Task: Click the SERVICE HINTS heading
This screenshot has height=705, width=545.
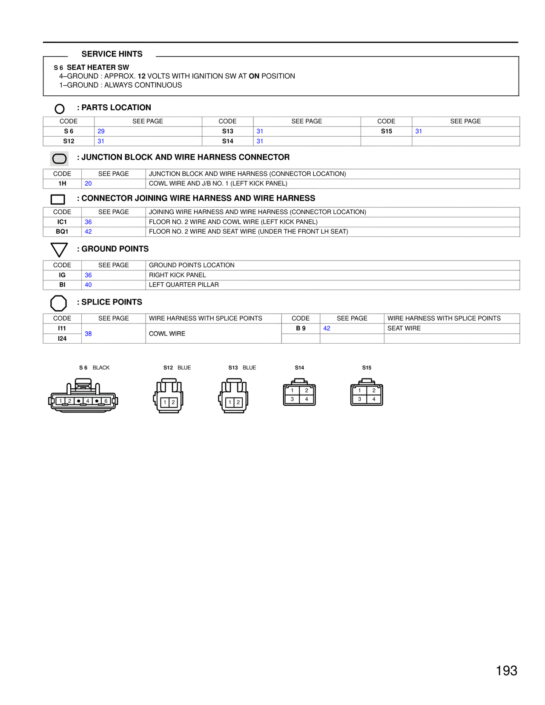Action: pos(112,54)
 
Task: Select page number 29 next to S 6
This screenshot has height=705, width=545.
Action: pos(101,131)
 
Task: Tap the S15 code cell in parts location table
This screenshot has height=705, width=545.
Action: pos(386,131)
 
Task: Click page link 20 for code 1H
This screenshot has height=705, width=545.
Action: pos(88,183)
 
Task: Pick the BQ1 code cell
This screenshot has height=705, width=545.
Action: pos(62,232)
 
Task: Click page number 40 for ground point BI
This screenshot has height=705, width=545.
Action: pos(88,285)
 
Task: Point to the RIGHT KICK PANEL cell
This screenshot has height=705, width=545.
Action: pos(178,275)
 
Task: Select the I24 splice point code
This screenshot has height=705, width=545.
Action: pos(62,338)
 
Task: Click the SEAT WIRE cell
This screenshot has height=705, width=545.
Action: pos(404,328)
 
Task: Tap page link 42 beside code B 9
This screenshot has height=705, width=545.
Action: pos(327,328)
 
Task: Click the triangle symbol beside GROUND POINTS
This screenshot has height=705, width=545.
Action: pos(59,249)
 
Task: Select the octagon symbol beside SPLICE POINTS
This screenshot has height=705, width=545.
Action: pos(59,303)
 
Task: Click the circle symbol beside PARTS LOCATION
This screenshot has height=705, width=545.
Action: pos(60,109)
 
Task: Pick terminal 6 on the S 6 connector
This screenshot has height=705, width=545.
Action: pos(106,401)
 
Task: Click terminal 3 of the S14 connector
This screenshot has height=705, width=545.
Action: pos(292,399)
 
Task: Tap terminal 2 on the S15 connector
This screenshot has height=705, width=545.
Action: pos(374,390)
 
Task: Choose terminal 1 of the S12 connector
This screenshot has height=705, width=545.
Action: pos(165,402)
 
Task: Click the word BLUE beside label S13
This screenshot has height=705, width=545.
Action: pos(249,368)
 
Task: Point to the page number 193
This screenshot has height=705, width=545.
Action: pos(506,671)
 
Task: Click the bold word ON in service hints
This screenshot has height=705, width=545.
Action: pos(254,76)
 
